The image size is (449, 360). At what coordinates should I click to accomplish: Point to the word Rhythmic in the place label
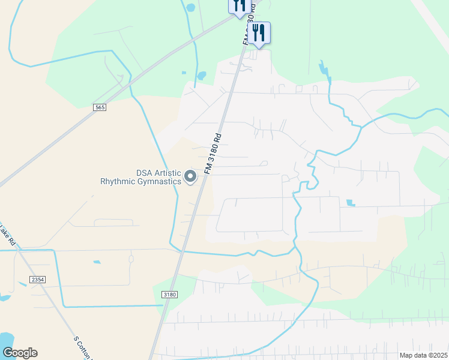point(122,181)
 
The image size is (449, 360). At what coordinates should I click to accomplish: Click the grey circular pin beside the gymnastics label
point(190,176)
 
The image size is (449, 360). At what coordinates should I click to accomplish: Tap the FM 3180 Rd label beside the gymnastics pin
point(213,154)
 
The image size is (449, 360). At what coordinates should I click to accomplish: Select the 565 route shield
point(100,107)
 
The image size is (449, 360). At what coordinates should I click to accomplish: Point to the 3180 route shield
point(170,294)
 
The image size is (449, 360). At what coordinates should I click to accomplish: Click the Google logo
point(19,353)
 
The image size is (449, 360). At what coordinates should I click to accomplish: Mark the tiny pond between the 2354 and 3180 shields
point(97,262)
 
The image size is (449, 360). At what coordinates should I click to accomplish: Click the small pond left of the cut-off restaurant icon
point(191,8)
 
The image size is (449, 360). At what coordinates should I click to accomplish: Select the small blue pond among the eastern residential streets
point(351,203)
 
